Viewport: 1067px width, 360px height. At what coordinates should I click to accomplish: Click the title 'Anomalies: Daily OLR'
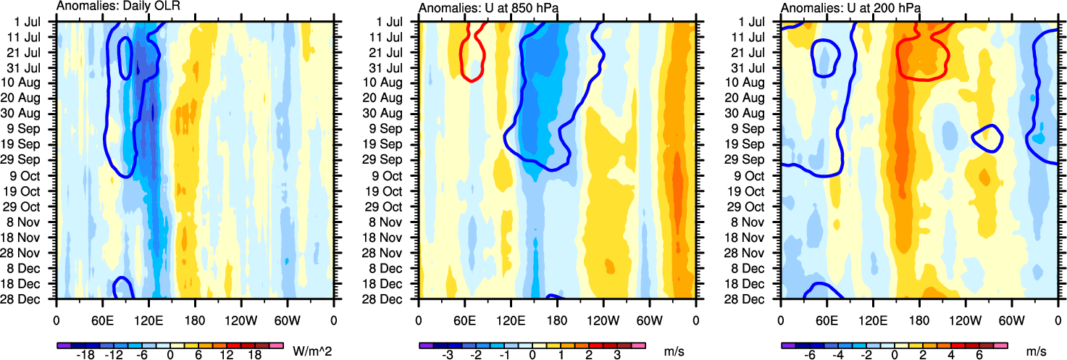click(x=118, y=7)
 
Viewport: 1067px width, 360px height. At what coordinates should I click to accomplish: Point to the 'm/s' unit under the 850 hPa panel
click(x=674, y=351)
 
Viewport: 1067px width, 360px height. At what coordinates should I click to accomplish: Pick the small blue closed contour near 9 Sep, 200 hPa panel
click(x=987, y=138)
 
